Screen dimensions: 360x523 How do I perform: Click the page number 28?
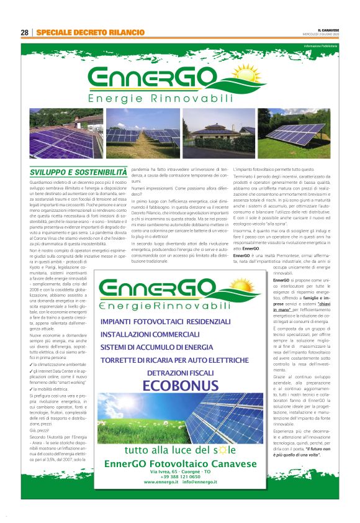pyautogui.click(x=25, y=32)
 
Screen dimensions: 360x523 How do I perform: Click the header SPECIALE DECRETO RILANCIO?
pyautogui.click(x=90, y=32)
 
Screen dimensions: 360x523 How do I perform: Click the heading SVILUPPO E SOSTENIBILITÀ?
pyautogui.click(x=79, y=171)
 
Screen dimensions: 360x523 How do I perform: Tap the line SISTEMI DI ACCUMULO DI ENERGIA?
pyautogui.click(x=160, y=347)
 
